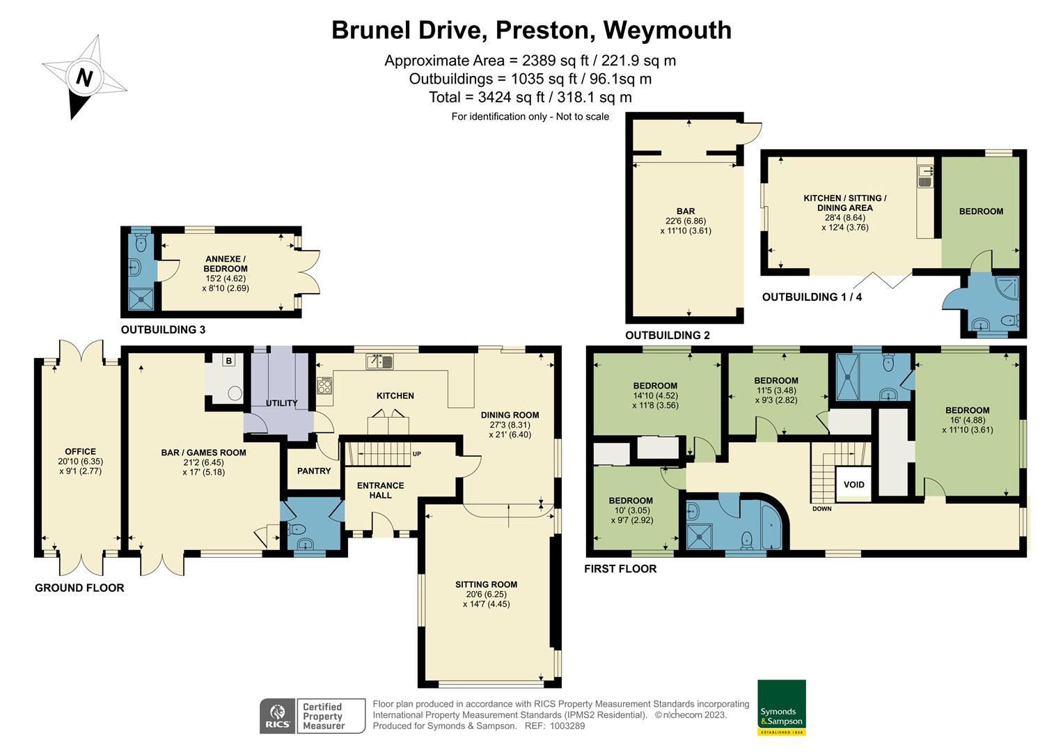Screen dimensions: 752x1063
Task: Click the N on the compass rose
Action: coord(84,78)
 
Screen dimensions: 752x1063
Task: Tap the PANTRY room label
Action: coord(314,471)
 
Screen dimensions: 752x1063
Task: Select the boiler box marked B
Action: coord(228,361)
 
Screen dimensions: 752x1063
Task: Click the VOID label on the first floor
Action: coord(853,485)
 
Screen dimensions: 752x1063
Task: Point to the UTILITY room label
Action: coord(282,403)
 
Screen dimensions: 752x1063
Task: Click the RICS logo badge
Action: coord(277,716)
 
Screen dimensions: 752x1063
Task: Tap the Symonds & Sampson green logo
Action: coord(781,707)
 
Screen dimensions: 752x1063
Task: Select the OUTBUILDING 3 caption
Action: coord(163,330)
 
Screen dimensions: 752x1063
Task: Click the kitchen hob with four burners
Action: coord(324,386)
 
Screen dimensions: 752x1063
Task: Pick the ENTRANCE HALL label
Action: coord(380,490)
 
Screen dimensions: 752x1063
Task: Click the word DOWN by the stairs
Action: coord(821,509)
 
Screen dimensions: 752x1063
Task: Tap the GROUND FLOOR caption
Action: coord(79,588)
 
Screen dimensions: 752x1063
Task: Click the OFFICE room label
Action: coord(80,451)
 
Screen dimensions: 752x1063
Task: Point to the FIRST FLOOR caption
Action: coord(620,569)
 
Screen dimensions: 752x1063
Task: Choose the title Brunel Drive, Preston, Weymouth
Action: coord(531,30)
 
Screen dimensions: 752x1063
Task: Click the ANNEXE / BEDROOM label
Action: coord(225,264)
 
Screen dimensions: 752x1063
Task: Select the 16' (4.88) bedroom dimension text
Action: coord(968,420)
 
